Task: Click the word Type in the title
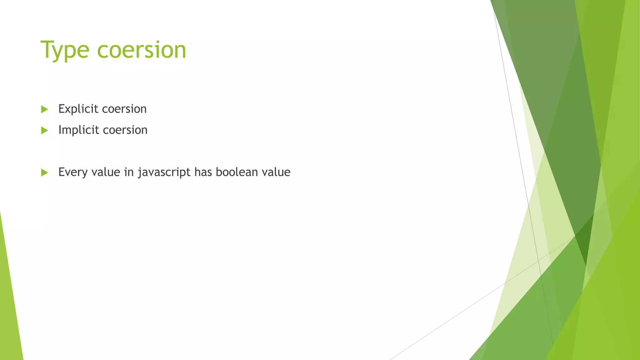click(65, 50)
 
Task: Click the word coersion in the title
click(142, 50)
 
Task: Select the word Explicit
click(78, 109)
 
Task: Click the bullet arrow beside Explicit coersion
click(44, 109)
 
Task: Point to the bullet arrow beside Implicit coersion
click(44, 130)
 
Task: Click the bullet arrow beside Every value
click(44, 172)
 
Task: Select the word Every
click(73, 172)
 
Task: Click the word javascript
click(164, 172)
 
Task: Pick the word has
click(203, 172)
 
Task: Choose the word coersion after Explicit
click(124, 109)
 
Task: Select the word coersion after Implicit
click(125, 130)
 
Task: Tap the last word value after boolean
click(276, 172)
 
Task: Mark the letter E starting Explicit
click(62, 109)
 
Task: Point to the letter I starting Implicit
click(60, 130)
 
